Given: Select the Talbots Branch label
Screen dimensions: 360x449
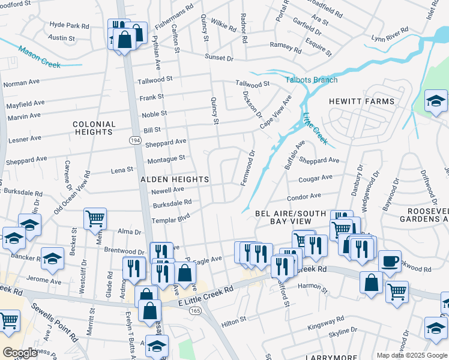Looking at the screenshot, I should [311, 80].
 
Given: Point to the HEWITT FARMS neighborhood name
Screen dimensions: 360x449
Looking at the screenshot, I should [361, 101].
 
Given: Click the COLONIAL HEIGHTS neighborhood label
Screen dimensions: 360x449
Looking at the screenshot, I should [94, 128].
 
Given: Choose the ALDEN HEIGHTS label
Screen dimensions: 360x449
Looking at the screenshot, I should [175, 179].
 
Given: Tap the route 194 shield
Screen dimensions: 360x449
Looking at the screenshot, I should [135, 140].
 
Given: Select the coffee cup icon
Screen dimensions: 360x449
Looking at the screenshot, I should [390, 261].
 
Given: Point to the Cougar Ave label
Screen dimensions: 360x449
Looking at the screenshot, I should [318, 178].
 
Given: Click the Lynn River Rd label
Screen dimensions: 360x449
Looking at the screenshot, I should [390, 34].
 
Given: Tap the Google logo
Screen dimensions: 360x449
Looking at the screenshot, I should [21, 353].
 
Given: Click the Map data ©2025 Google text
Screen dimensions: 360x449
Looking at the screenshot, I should [411, 355].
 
